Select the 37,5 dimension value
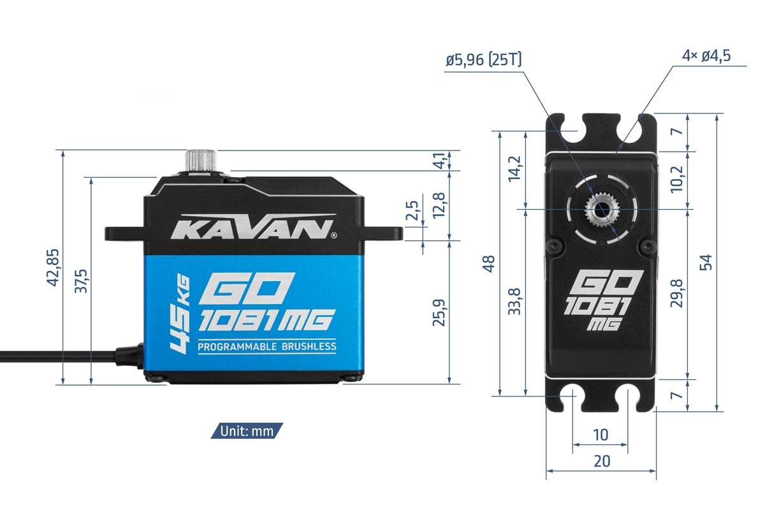click(x=81, y=281)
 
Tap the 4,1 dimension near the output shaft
click(x=441, y=161)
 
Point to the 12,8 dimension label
click(x=439, y=205)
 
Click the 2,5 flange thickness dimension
click(x=412, y=210)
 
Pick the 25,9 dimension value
click(x=439, y=312)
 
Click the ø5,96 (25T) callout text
click(x=484, y=60)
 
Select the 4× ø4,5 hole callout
click(x=706, y=55)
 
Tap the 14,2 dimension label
click(x=514, y=169)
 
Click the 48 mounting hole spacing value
click(x=489, y=264)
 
